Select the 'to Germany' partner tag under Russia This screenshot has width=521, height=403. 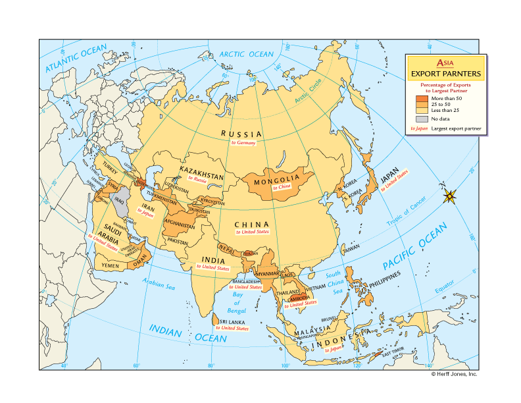click(x=243, y=142)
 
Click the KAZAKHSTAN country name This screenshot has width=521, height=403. click(x=201, y=170)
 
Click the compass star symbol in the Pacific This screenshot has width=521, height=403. click(x=450, y=196)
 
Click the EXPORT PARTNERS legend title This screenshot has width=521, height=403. click(x=445, y=74)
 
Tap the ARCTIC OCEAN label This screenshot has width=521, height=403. click(x=245, y=54)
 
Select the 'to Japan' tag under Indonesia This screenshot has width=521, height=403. click(x=334, y=349)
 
